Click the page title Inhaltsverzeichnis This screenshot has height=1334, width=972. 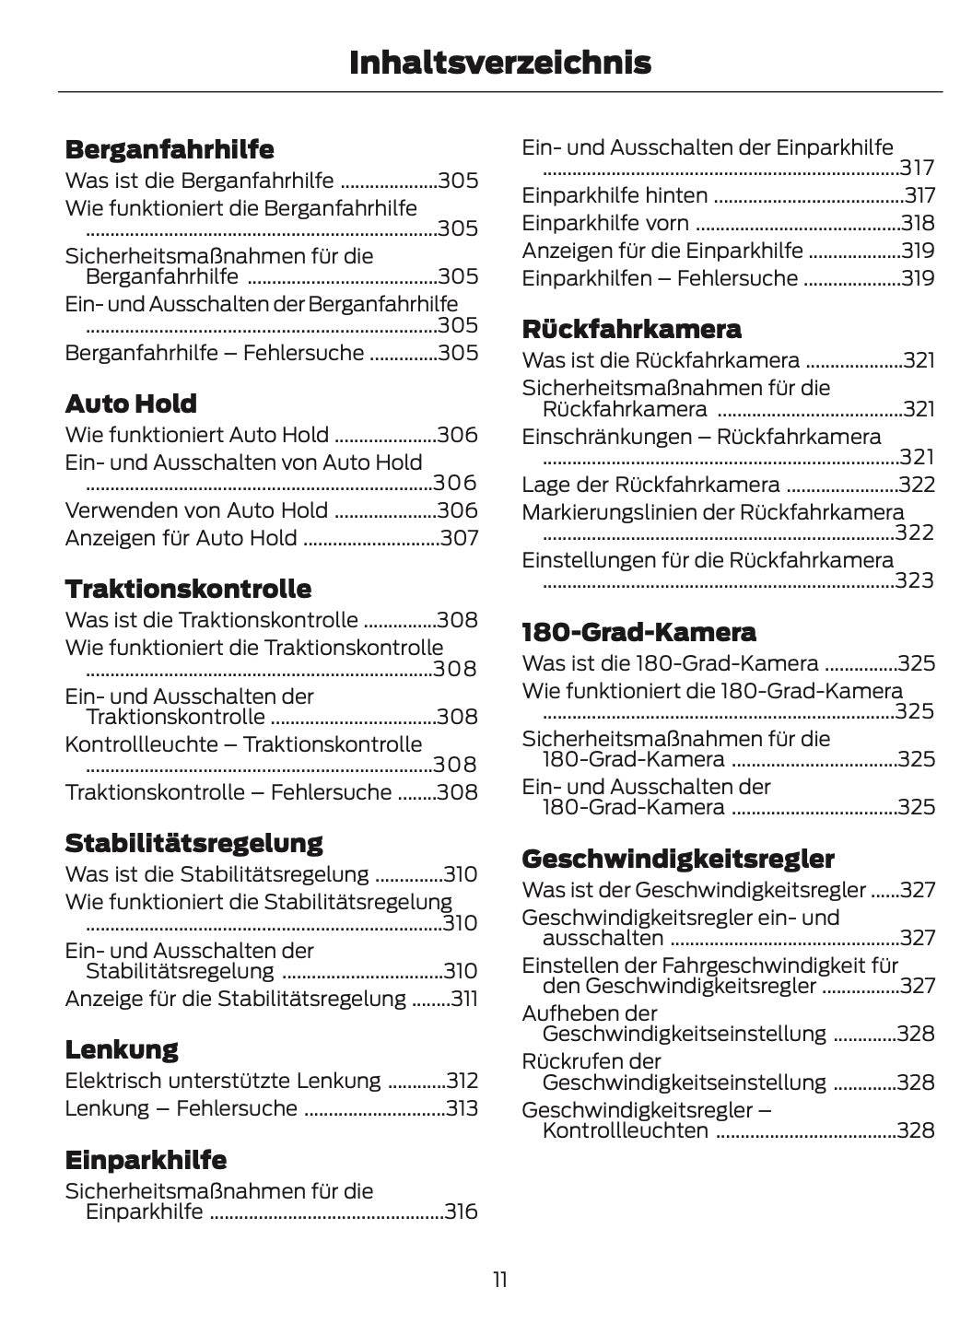(x=500, y=63)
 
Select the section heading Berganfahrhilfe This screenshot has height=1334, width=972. (x=170, y=149)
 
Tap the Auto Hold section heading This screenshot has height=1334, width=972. (x=131, y=404)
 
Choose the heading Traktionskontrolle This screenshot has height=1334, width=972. (x=188, y=589)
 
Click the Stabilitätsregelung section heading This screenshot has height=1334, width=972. (x=193, y=843)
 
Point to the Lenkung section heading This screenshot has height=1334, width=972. (x=122, y=1049)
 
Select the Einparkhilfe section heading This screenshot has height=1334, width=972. (x=146, y=1160)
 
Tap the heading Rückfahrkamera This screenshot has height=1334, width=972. (x=631, y=329)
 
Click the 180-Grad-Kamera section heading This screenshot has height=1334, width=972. (x=638, y=632)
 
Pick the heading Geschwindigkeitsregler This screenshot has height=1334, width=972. (x=678, y=859)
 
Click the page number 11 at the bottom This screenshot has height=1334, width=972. (x=499, y=1280)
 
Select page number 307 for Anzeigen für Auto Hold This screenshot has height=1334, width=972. (x=459, y=538)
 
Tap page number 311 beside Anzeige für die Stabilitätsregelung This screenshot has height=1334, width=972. (x=463, y=999)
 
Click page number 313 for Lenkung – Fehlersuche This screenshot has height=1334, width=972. (x=462, y=1108)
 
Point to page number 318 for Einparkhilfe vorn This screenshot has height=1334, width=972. (x=919, y=223)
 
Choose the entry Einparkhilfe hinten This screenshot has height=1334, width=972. (x=615, y=195)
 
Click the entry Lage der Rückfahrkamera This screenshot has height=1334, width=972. (x=650, y=485)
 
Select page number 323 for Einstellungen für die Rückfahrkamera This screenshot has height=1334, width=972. (x=916, y=580)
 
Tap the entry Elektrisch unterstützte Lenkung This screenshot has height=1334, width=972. (x=222, y=1081)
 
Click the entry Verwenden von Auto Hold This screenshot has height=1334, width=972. (x=196, y=510)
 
